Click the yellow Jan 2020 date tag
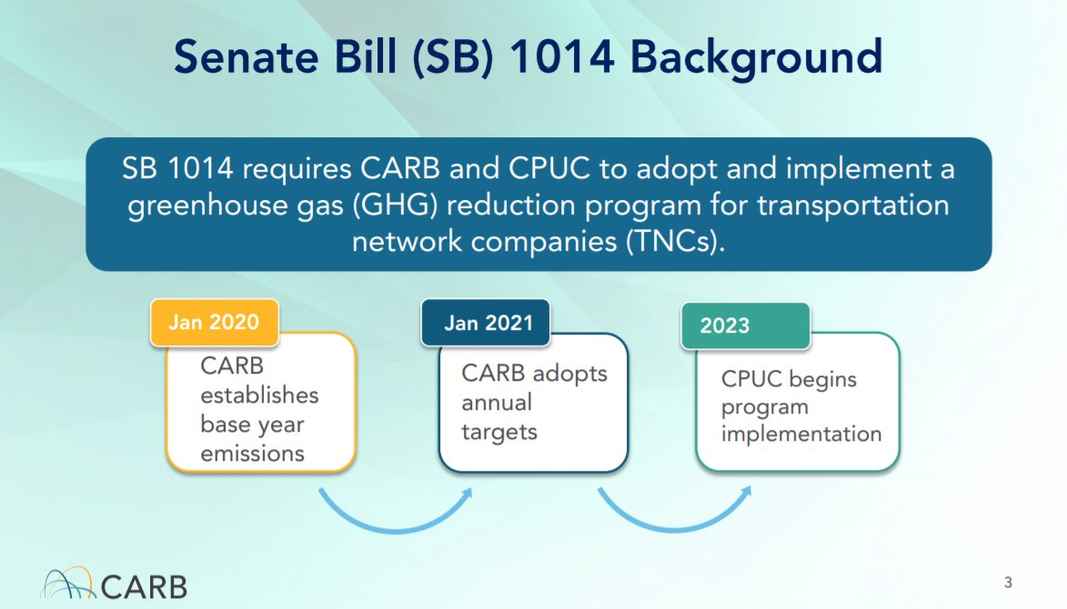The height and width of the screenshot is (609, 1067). tap(215, 322)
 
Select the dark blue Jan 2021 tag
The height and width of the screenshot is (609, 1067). tap(485, 323)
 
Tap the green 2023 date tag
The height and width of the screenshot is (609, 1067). tap(746, 326)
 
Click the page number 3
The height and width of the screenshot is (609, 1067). tap(1008, 583)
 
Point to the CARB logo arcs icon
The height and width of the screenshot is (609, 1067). tap(66, 583)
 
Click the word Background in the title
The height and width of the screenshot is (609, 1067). tap(756, 57)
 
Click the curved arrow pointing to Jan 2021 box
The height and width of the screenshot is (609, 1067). tap(395, 524)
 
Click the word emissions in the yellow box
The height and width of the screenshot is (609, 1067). tap(253, 454)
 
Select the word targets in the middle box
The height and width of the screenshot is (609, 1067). tap(499, 433)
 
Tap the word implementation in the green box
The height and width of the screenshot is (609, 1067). tap(801, 434)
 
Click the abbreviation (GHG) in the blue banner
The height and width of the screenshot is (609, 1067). tap(396, 205)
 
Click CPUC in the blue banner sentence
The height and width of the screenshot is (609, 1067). tap(549, 168)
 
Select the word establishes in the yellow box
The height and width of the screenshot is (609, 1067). tap(259, 394)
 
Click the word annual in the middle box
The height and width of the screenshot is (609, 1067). tap(497, 403)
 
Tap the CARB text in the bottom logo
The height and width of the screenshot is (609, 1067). tap(145, 586)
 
